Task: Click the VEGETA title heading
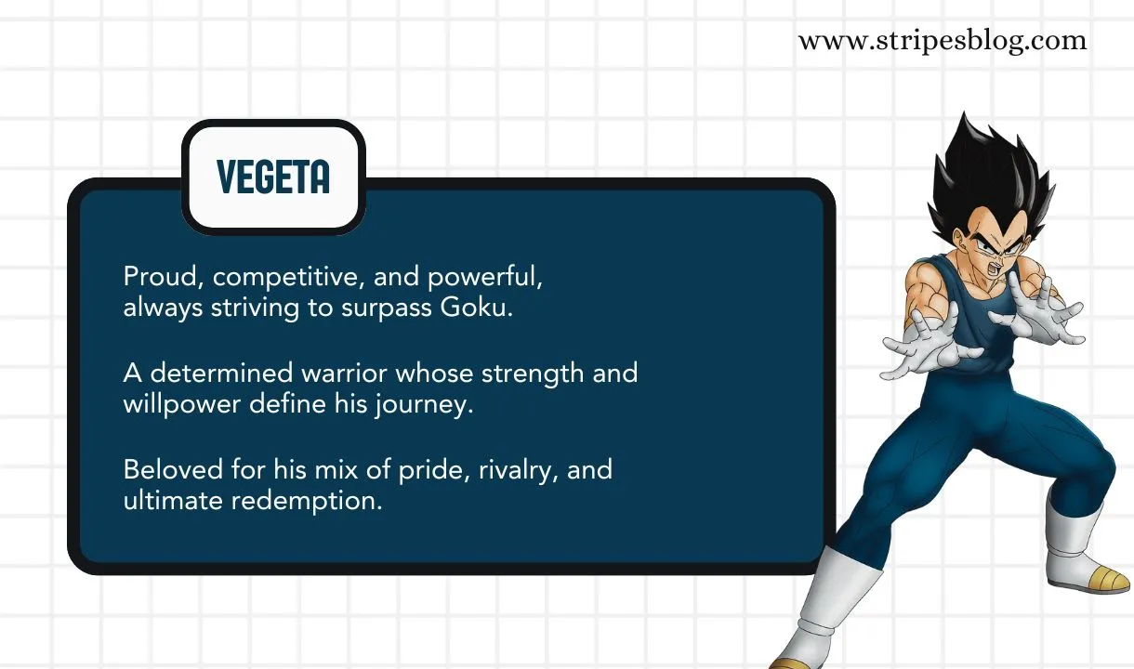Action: pos(272,177)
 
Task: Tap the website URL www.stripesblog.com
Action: pos(942,41)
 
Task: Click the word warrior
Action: pos(341,374)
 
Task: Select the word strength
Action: pos(528,374)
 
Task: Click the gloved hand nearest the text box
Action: pos(925,342)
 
